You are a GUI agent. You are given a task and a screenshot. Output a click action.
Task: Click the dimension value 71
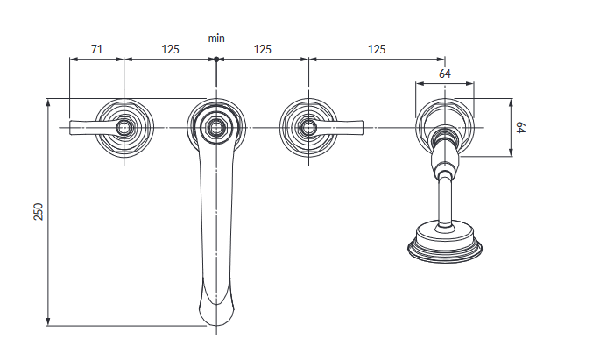click(97, 49)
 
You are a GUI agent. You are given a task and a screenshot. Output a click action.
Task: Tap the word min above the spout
click(216, 39)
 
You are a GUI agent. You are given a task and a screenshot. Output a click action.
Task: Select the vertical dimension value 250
click(39, 212)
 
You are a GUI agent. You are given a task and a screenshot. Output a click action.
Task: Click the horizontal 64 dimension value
click(445, 74)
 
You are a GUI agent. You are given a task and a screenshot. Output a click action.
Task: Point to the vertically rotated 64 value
click(520, 127)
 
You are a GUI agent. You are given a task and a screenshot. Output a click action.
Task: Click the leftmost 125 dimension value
click(170, 49)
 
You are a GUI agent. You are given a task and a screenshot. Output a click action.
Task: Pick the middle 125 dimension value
click(263, 49)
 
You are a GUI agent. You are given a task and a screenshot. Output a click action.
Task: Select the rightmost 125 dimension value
click(377, 49)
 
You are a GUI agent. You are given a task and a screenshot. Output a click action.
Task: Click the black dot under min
click(216, 60)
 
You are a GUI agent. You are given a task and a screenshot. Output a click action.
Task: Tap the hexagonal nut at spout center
click(216, 127)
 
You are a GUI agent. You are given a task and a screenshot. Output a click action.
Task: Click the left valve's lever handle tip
click(72, 127)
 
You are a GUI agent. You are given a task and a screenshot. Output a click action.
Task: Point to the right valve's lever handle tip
click(361, 127)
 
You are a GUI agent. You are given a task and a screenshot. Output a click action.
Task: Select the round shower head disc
click(445, 244)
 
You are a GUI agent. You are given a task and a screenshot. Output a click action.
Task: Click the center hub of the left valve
click(124, 127)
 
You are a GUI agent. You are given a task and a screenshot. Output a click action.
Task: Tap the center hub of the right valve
click(308, 127)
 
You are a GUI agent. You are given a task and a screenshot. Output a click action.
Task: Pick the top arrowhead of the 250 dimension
click(48, 102)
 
